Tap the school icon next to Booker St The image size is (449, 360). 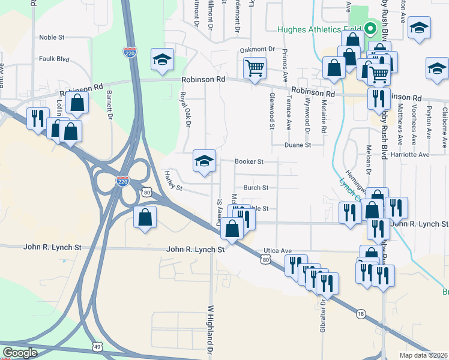(204, 161)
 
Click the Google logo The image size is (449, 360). (20, 353)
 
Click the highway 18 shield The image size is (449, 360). (360, 313)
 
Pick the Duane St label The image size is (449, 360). (298, 145)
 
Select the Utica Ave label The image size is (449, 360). (277, 251)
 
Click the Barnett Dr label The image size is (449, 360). (110, 105)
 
